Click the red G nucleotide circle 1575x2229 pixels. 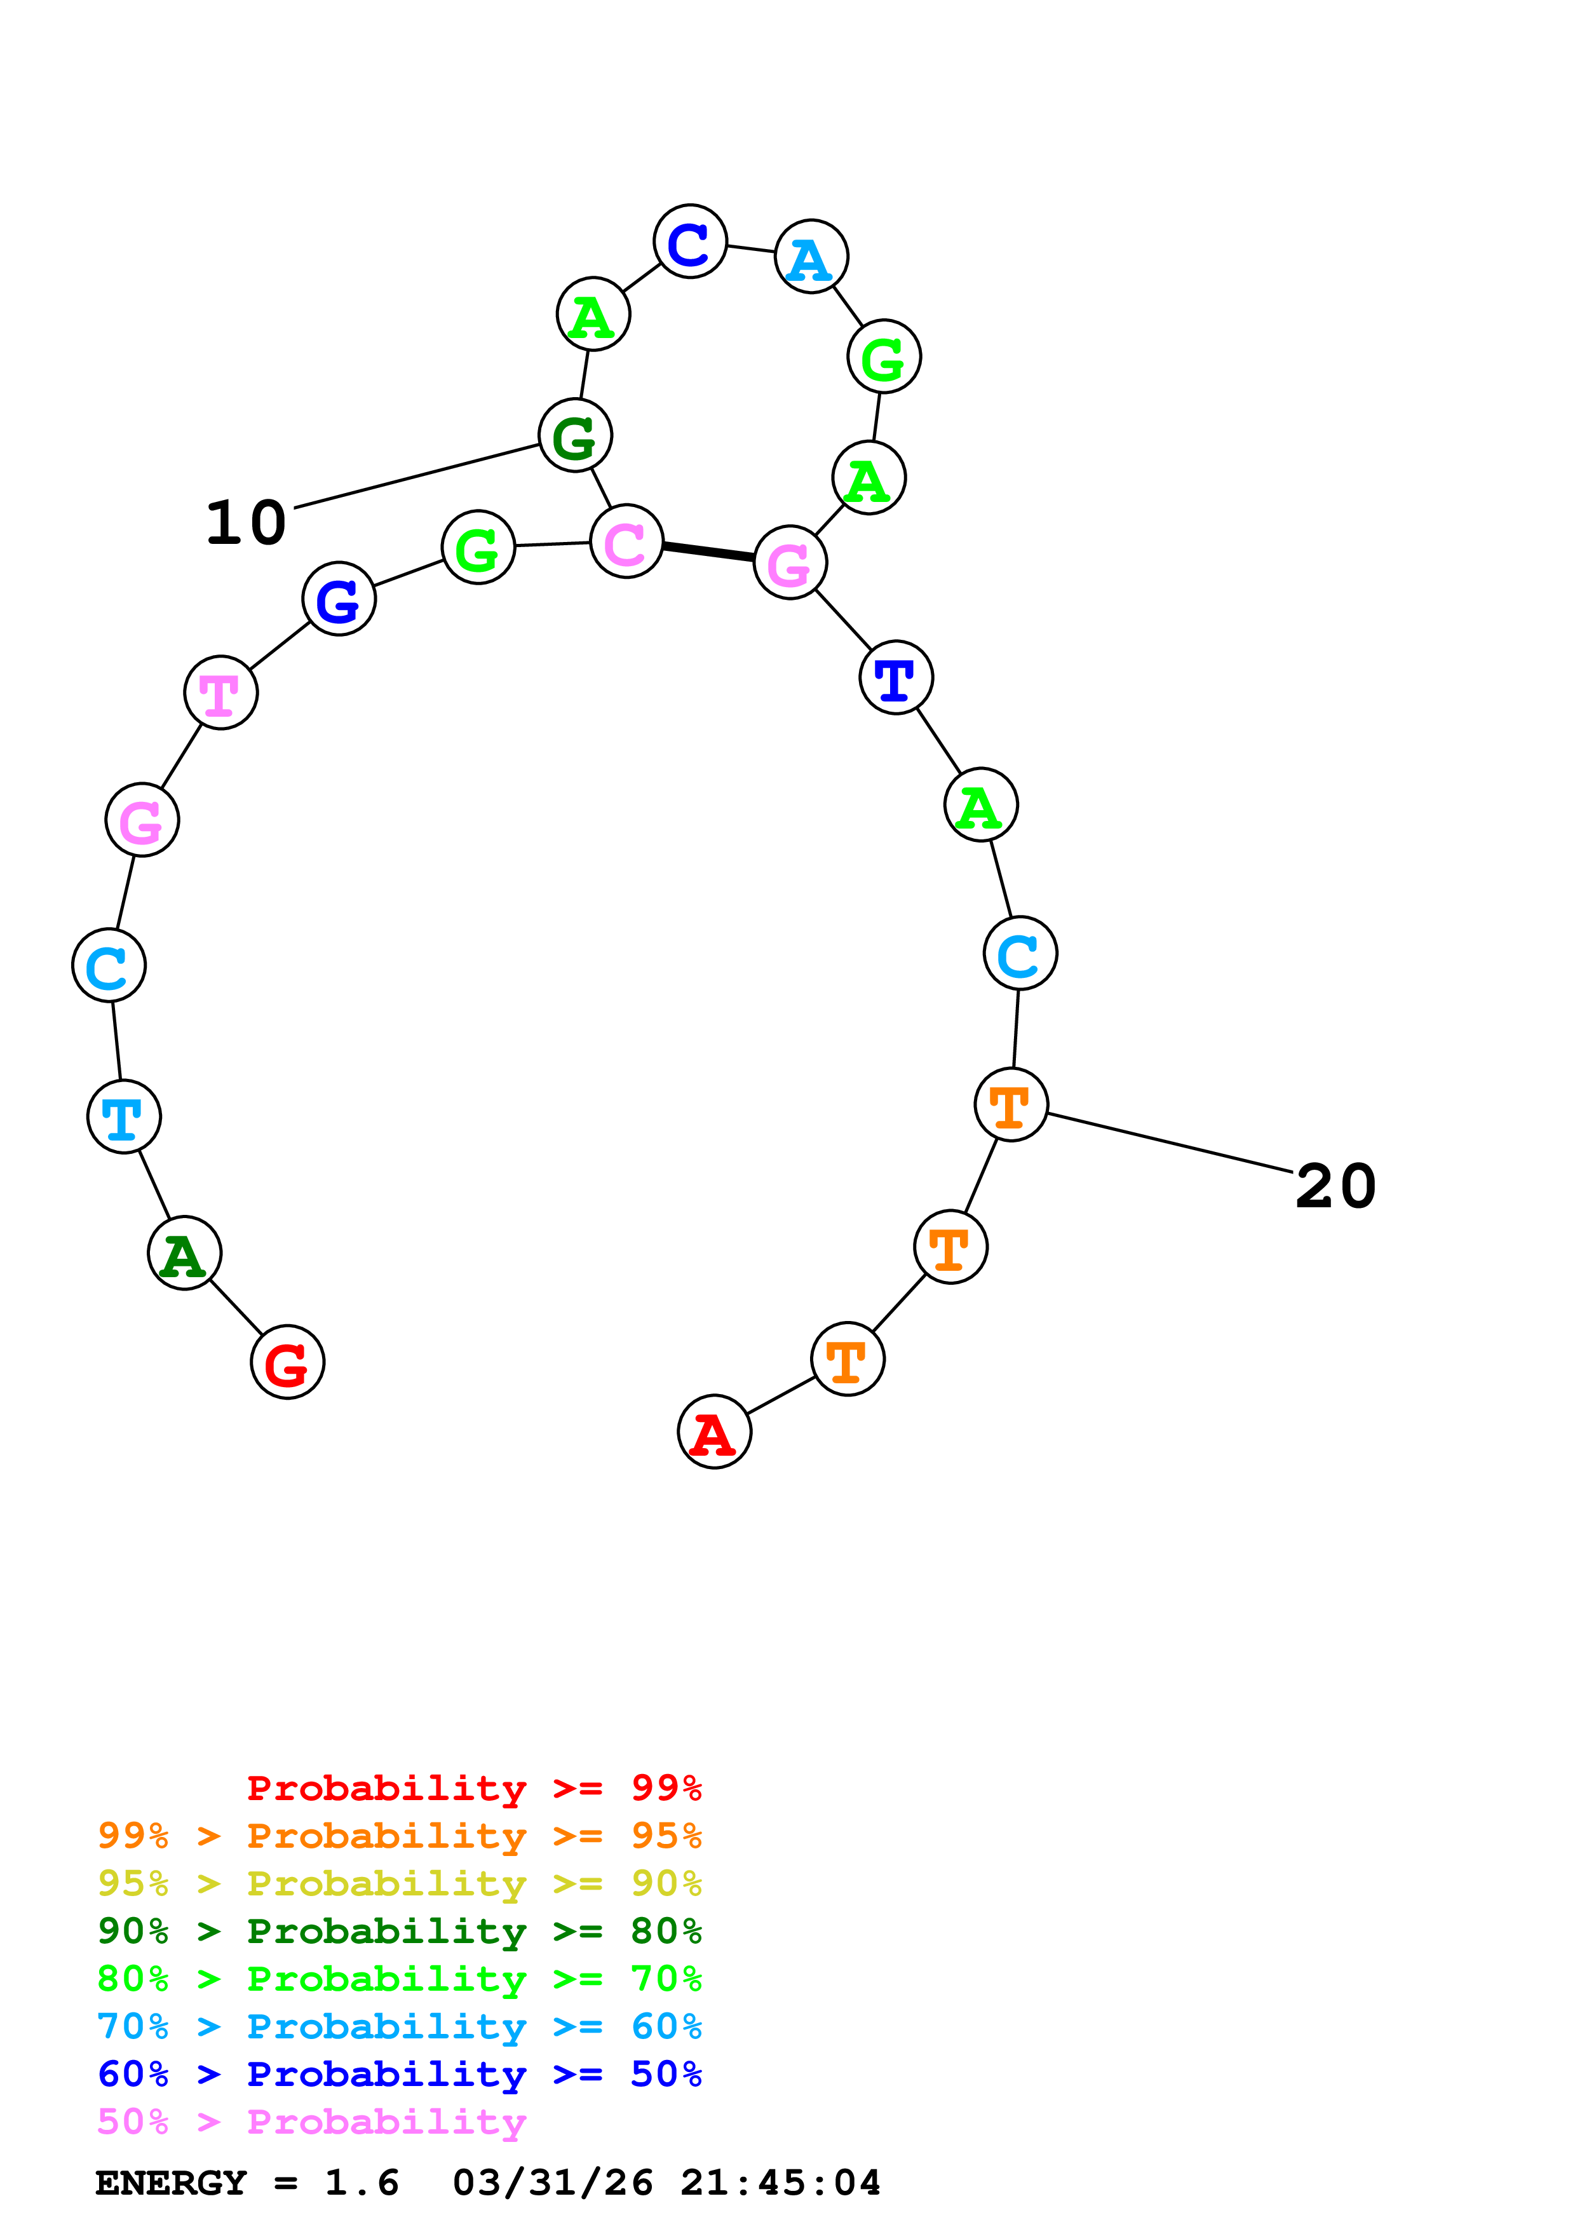coord(287,1362)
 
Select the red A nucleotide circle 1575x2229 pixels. coord(714,1432)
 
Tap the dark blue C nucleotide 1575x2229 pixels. coord(690,241)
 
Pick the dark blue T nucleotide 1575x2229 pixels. coord(896,677)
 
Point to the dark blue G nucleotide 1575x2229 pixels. coord(339,599)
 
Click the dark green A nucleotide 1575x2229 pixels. coord(184,1253)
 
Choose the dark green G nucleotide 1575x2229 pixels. coord(576,436)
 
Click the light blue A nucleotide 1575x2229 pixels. coord(811,257)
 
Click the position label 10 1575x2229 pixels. coord(247,524)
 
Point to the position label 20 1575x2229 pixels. coord(1335,1186)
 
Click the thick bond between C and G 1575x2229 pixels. coord(708,552)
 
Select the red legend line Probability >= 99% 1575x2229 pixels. coord(473,1788)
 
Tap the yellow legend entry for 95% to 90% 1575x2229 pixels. coord(399,1883)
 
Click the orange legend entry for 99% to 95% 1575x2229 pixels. coord(399,1836)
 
